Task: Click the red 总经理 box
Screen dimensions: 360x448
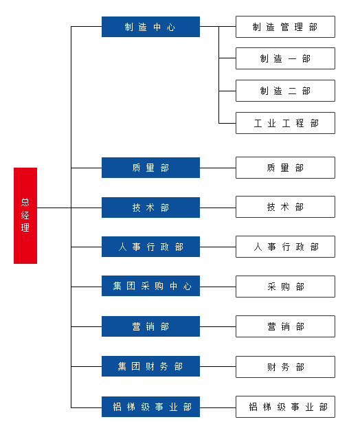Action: pyautogui.click(x=25, y=216)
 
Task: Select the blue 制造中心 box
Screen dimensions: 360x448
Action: pyautogui.click(x=150, y=27)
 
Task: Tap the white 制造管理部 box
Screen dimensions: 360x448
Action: pyautogui.click(x=285, y=27)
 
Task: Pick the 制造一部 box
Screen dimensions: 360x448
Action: pyautogui.click(x=285, y=58)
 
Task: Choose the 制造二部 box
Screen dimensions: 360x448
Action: pyautogui.click(x=285, y=91)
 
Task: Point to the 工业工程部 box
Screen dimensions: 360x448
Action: pyautogui.click(x=285, y=123)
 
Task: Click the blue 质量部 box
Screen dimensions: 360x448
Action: pyautogui.click(x=150, y=168)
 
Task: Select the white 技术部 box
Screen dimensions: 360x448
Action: pyautogui.click(x=285, y=207)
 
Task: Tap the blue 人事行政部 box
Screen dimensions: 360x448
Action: pyautogui.click(x=150, y=247)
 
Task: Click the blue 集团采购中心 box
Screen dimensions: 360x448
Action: pyautogui.click(x=150, y=286)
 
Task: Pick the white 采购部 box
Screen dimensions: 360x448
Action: pyautogui.click(x=285, y=287)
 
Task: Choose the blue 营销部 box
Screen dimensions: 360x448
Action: pyautogui.click(x=150, y=326)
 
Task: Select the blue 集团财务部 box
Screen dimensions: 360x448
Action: pyautogui.click(x=150, y=366)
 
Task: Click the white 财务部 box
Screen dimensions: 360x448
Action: pyautogui.click(x=285, y=367)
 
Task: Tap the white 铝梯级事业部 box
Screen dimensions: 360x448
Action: pyautogui.click(x=285, y=407)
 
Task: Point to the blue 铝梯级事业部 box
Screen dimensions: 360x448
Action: pyautogui.click(x=150, y=407)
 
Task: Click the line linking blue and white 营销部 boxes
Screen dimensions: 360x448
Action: pyautogui.click(x=218, y=326)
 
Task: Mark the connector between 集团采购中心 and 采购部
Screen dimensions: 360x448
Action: pyautogui.click(x=218, y=287)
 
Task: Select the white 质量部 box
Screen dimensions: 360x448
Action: pyautogui.click(x=285, y=168)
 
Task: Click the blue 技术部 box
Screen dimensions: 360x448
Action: pyautogui.click(x=150, y=208)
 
